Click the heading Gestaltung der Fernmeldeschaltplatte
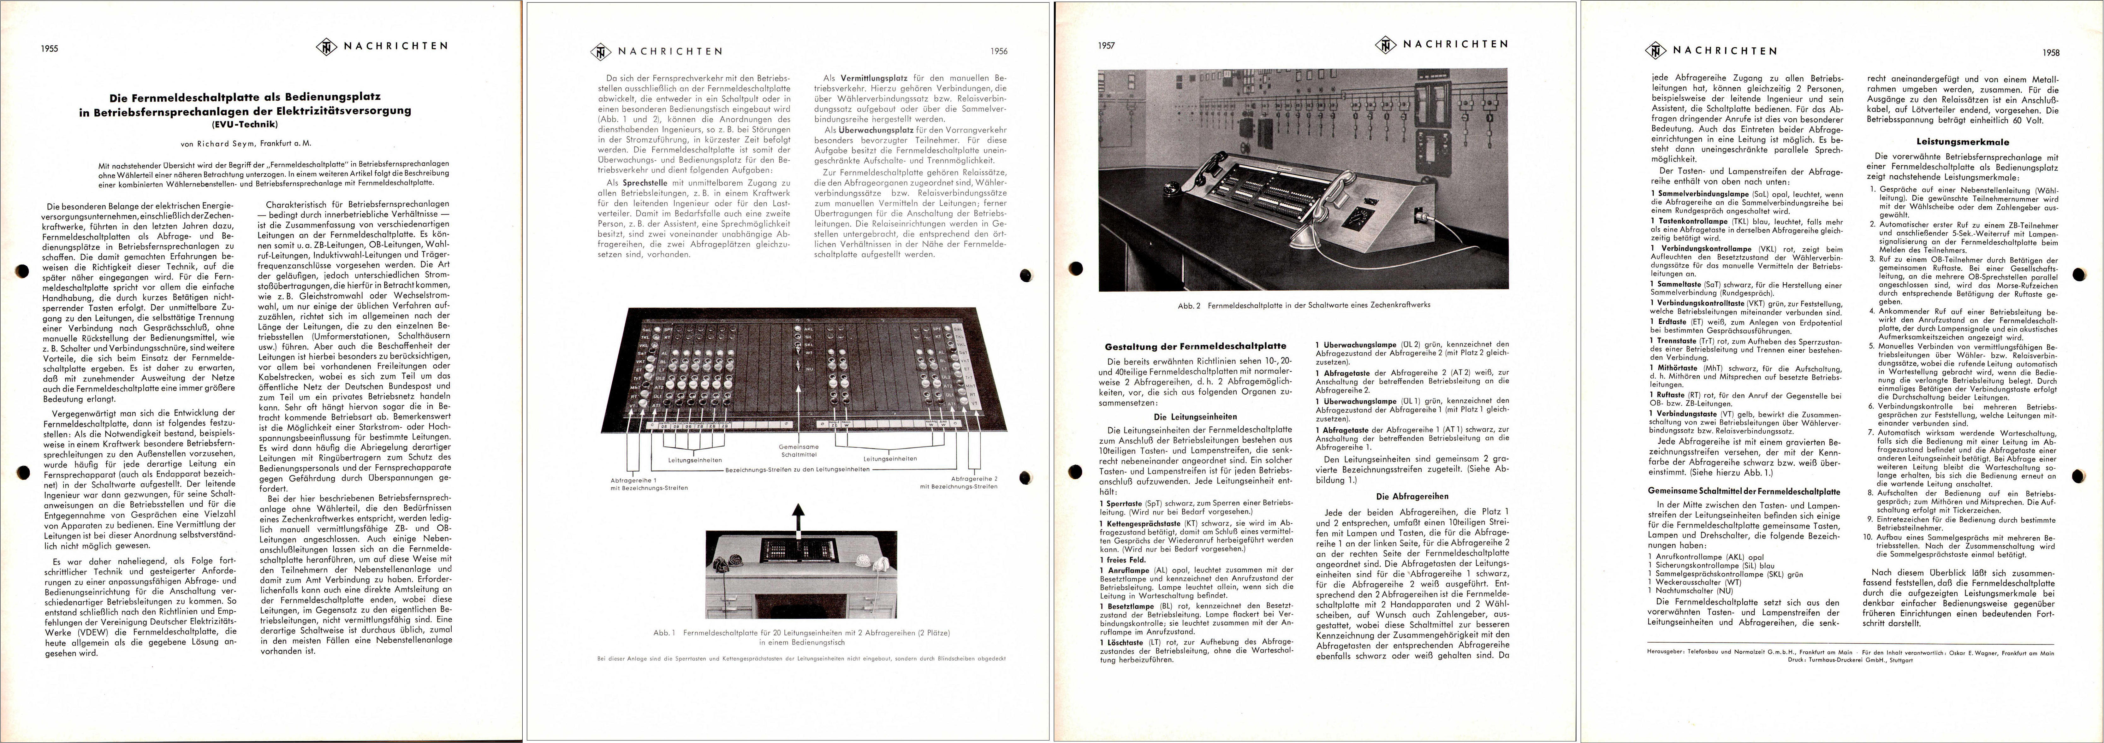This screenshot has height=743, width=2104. tap(1195, 346)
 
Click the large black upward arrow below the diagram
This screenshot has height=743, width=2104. tap(799, 516)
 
